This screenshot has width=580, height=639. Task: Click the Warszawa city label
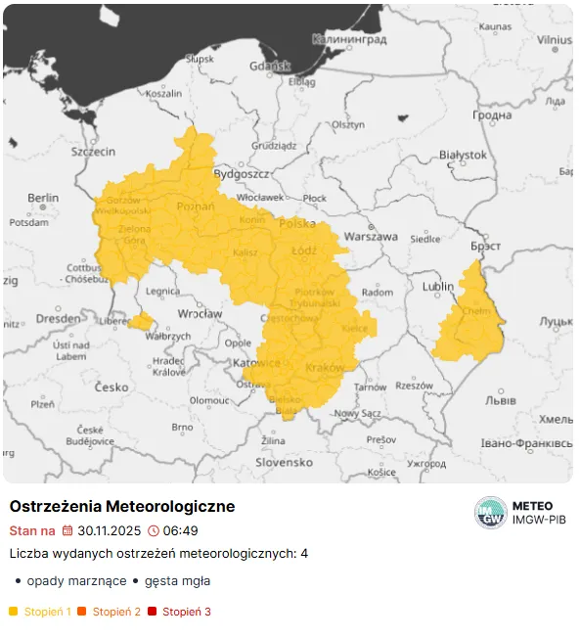pyautogui.click(x=372, y=237)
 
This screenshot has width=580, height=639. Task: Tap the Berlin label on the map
pyautogui.click(x=43, y=198)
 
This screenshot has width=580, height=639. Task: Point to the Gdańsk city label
pyautogui.click(x=270, y=67)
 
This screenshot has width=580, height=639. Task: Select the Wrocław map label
pyautogui.click(x=201, y=314)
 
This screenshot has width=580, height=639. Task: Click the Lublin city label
pyautogui.click(x=438, y=287)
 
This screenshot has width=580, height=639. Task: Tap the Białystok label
pyautogui.click(x=463, y=155)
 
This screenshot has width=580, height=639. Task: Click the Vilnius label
pyautogui.click(x=553, y=39)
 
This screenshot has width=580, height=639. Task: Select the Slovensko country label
pyautogui.click(x=283, y=461)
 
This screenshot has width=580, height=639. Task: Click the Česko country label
pyautogui.click(x=112, y=387)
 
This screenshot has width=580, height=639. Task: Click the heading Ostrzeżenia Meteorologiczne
pyautogui.click(x=122, y=507)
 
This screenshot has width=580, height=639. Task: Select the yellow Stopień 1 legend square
pyautogui.click(x=14, y=612)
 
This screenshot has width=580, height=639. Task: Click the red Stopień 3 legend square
pyautogui.click(x=152, y=612)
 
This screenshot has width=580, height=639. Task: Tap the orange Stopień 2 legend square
pyautogui.click(x=82, y=612)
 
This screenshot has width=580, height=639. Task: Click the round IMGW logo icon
pyautogui.click(x=490, y=512)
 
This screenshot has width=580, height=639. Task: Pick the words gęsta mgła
pyautogui.click(x=177, y=580)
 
